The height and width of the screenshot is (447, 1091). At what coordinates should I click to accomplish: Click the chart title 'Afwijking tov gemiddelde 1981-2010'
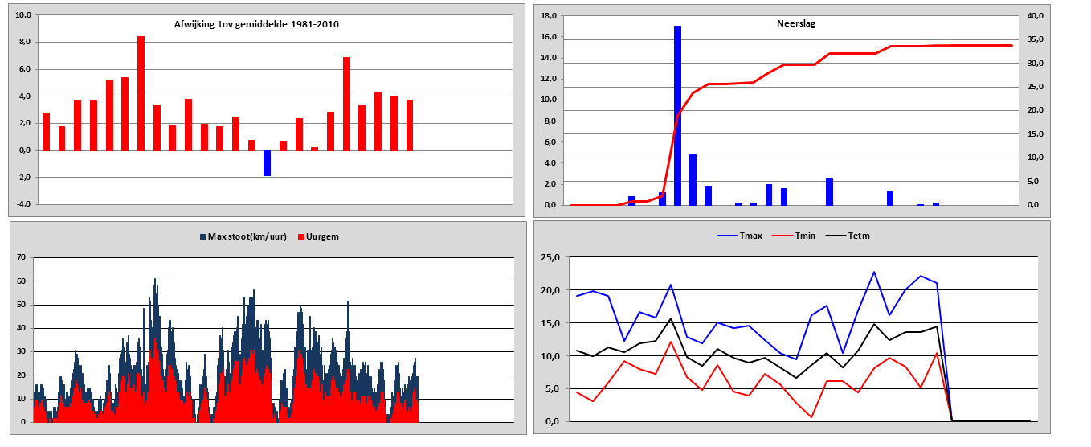point(256,24)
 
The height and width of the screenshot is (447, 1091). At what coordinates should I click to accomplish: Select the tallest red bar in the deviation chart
point(141,93)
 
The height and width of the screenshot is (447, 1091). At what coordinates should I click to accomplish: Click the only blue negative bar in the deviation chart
point(267,163)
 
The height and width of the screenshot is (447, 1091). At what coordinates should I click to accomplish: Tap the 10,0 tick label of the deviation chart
point(23,15)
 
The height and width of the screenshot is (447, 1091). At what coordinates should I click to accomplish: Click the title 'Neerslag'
point(796,23)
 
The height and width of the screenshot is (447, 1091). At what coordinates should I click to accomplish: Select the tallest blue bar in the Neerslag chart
point(677,116)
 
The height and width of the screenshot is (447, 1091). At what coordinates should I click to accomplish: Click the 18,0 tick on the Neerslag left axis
point(549,16)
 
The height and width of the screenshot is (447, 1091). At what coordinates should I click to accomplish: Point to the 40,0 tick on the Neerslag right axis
point(1036,16)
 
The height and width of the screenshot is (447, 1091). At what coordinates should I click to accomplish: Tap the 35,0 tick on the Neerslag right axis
point(1036,39)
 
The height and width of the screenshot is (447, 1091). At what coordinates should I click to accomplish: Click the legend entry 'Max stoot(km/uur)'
point(243,236)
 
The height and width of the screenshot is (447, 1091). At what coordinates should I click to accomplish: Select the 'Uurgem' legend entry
point(318,236)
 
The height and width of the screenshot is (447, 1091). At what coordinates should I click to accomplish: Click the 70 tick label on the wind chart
point(21,257)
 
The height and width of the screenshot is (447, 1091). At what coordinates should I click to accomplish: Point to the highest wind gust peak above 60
point(155,279)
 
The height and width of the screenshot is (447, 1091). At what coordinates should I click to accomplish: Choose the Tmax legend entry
point(739,236)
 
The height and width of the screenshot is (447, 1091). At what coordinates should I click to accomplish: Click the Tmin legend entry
point(794,236)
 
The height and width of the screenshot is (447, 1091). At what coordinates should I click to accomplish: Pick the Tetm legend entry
point(848,236)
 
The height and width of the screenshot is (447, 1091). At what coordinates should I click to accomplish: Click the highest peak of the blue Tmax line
point(874,272)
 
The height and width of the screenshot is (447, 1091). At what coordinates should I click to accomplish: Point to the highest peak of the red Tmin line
point(671,342)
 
